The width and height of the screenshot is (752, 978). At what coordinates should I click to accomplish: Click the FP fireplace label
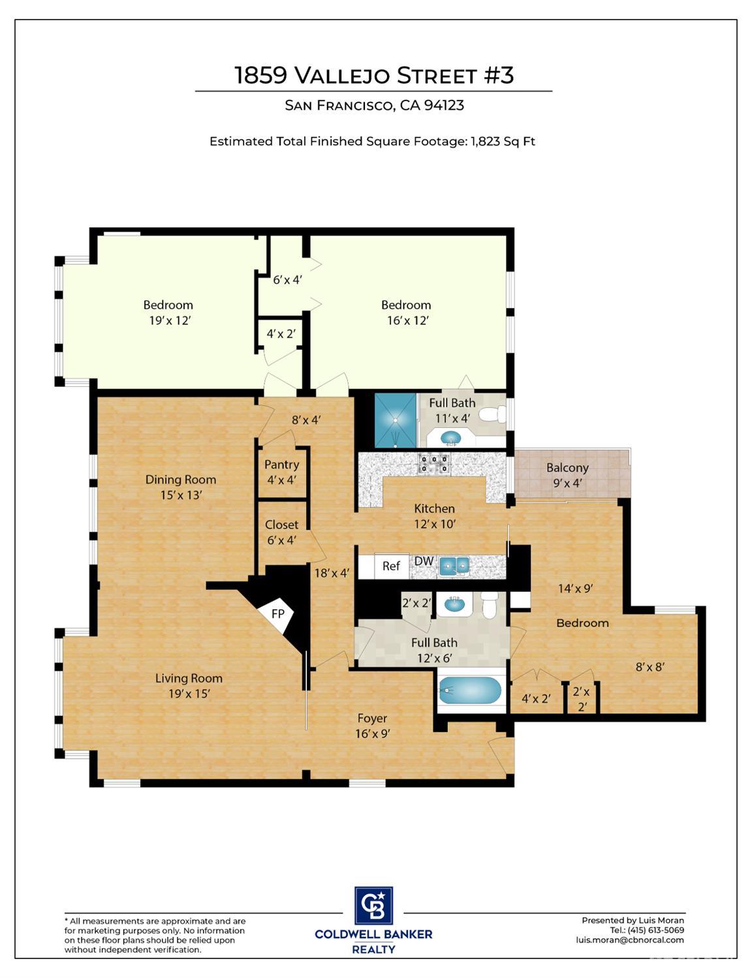278,613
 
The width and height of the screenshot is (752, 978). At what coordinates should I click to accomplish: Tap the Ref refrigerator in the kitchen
391,566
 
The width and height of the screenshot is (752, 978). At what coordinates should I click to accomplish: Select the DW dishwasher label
424,561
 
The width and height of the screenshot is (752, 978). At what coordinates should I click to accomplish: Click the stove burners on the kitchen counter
433,464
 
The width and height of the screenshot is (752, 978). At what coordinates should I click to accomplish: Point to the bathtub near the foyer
469,690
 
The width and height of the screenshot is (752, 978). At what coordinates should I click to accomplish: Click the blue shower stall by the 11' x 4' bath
396,420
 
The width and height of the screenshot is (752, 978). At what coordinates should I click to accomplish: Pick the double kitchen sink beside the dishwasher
454,564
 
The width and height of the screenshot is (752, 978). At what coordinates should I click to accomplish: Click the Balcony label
567,468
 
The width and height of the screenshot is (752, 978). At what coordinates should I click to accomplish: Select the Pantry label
281,464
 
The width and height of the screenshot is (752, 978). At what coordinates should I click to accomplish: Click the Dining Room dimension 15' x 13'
181,495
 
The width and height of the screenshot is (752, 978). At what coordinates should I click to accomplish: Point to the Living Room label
189,678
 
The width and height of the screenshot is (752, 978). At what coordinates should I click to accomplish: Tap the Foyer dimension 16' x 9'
372,733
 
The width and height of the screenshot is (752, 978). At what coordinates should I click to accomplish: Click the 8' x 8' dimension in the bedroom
650,667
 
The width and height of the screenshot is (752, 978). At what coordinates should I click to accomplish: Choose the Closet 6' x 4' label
281,532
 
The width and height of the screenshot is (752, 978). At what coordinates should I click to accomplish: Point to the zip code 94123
445,105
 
